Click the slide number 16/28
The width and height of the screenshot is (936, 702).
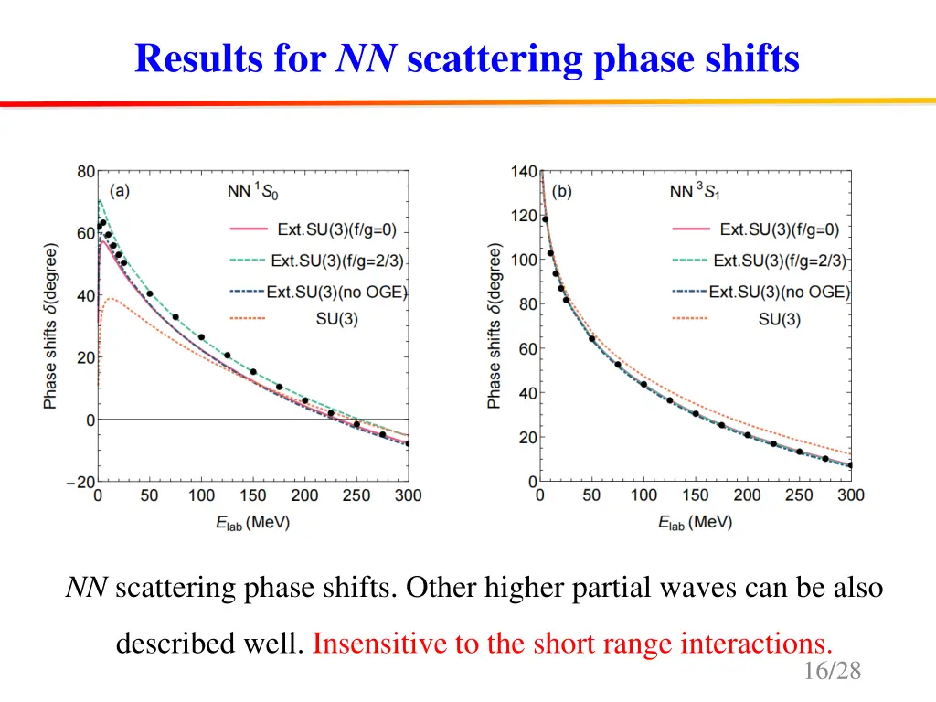pyautogui.click(x=833, y=672)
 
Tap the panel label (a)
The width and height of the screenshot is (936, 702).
pyautogui.click(x=120, y=192)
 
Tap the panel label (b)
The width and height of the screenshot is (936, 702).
pyautogui.click(x=562, y=192)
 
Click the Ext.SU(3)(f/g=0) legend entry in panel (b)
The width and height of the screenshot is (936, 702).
pyautogui.click(x=779, y=229)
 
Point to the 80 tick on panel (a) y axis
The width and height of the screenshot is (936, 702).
pyautogui.click(x=85, y=171)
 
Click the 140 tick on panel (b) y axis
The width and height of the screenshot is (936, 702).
pyautogui.click(x=524, y=171)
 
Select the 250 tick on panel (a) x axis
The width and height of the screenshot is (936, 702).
pyautogui.click(x=356, y=495)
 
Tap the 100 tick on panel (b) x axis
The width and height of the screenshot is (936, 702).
pyautogui.click(x=643, y=495)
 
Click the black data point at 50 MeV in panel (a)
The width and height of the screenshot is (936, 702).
pyautogui.click(x=150, y=294)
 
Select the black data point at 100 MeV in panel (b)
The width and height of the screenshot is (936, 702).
pyautogui.click(x=643, y=385)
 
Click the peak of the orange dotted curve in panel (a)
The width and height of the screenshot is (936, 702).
pyautogui.click(x=112, y=299)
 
